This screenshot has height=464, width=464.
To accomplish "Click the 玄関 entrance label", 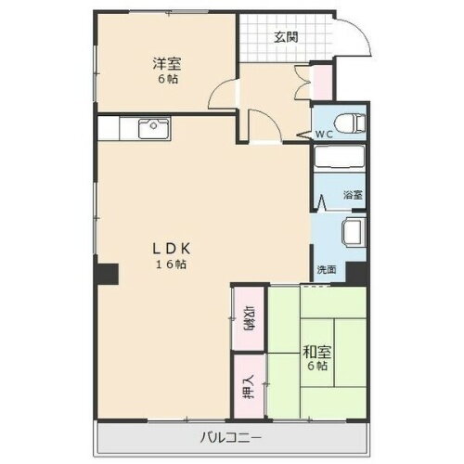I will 285,37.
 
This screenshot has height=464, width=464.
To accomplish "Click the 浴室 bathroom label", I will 353,195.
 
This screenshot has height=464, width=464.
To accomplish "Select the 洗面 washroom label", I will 326,270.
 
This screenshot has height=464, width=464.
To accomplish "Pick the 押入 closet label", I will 250,383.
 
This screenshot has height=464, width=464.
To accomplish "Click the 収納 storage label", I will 250,317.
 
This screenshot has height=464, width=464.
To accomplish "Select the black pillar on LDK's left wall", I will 108,274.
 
